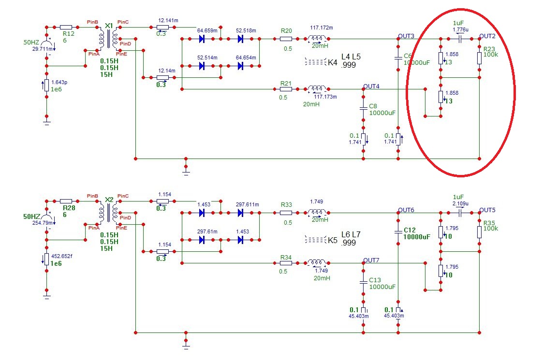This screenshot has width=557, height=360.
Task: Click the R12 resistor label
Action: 69,34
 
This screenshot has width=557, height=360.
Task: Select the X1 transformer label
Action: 109,26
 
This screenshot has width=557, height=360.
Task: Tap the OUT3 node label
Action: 406,36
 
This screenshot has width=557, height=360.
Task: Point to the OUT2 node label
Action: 487,36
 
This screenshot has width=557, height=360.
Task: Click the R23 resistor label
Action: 489,49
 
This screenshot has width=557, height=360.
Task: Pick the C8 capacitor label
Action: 373,106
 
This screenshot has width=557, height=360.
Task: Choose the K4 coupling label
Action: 333,63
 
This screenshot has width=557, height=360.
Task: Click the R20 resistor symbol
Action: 286,39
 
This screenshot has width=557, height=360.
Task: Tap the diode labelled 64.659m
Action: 202,39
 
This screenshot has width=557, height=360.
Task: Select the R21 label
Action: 286,84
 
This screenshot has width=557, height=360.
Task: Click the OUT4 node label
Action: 371,86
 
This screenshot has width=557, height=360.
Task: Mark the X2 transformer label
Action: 109,200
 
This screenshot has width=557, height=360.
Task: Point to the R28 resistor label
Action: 69,208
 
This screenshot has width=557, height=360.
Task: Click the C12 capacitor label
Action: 410,230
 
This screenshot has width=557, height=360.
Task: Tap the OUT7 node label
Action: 371,260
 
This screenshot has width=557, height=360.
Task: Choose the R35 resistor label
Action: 489,223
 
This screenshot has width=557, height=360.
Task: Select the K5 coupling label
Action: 333,240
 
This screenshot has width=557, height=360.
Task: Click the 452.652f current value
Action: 62,256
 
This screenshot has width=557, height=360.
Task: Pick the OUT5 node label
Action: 487,210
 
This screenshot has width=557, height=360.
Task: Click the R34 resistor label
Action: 286,258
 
